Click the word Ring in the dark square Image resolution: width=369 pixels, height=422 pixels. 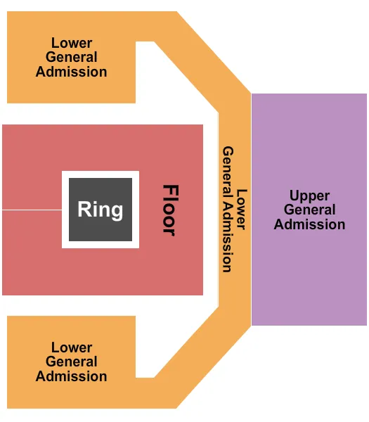(x=100, y=210)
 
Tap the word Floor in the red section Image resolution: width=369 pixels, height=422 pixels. (x=169, y=210)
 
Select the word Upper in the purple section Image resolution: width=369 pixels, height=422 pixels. (x=309, y=196)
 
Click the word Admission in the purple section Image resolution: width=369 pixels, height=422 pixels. (x=309, y=224)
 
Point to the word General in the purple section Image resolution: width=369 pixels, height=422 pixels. (x=309, y=210)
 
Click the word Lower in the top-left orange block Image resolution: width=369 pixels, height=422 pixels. (x=71, y=43)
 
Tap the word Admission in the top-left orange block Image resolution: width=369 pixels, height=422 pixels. (x=71, y=72)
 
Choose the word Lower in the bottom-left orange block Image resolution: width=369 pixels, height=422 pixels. (x=71, y=347)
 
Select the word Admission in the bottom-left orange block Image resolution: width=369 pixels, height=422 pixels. (x=71, y=376)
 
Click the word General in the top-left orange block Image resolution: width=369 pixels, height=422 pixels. (x=71, y=57)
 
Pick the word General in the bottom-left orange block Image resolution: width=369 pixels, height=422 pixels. (x=71, y=362)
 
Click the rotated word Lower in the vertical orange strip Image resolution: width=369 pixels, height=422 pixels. (x=242, y=210)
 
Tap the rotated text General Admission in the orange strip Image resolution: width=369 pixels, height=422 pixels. (x=228, y=210)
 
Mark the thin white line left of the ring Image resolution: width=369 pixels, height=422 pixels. (x=32, y=210)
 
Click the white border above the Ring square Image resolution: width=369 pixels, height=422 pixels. (x=100, y=174)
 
